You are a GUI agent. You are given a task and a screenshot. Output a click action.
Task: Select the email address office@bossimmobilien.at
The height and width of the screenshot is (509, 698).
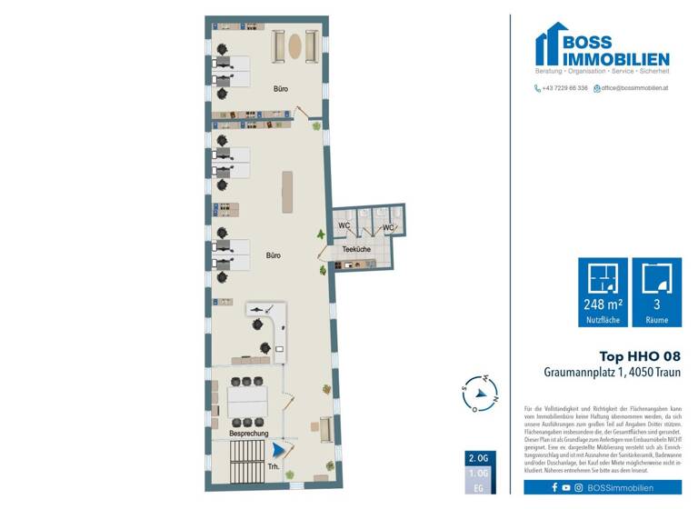tap(634, 88)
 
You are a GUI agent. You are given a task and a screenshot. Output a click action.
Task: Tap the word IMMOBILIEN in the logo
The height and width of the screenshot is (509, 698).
tap(616, 58)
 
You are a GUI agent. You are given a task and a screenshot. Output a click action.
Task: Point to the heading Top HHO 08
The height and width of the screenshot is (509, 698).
tap(639, 356)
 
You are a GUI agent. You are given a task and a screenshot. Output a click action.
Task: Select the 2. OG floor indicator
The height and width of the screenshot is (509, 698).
tap(476, 457)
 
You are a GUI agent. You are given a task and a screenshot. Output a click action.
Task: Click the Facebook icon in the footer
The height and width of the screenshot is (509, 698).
tap(554, 488)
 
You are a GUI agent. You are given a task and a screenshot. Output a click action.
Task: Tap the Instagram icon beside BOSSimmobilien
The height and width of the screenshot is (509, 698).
tap(579, 488)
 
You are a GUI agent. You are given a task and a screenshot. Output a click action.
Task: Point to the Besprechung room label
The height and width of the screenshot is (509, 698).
tap(248, 434)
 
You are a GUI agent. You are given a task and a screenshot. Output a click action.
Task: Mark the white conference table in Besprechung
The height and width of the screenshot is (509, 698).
tap(248, 401)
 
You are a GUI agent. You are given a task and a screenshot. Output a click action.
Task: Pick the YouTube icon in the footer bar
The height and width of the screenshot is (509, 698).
tap(566, 488)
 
